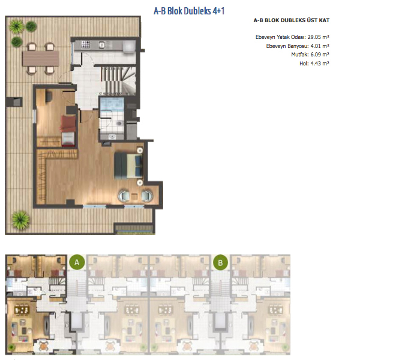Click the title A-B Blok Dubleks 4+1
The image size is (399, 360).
click(x=189, y=11)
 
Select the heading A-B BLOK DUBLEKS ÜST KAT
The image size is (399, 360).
click(x=292, y=20)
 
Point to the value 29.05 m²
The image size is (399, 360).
click(x=319, y=37)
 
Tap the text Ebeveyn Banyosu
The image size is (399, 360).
click(x=287, y=46)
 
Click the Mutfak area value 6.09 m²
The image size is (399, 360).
click(x=320, y=55)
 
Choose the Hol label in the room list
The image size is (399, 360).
click(x=304, y=64)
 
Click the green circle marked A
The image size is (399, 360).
click(x=77, y=262)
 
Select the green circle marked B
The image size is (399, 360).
click(x=220, y=262)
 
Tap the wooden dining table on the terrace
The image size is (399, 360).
click(x=41, y=59)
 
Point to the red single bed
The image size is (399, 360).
click(x=68, y=131)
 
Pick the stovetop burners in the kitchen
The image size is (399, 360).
click(x=85, y=44)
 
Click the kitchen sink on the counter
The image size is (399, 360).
click(x=101, y=45)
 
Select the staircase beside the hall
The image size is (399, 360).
click(x=118, y=81)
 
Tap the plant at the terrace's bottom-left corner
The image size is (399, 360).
click(x=20, y=220)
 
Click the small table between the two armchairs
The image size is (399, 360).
click(x=134, y=196)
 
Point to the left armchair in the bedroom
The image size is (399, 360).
click(x=124, y=196)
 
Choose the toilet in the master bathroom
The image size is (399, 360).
click(x=119, y=124)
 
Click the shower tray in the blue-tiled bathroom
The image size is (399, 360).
click(x=112, y=104)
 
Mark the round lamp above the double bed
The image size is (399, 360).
click(x=140, y=151)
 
